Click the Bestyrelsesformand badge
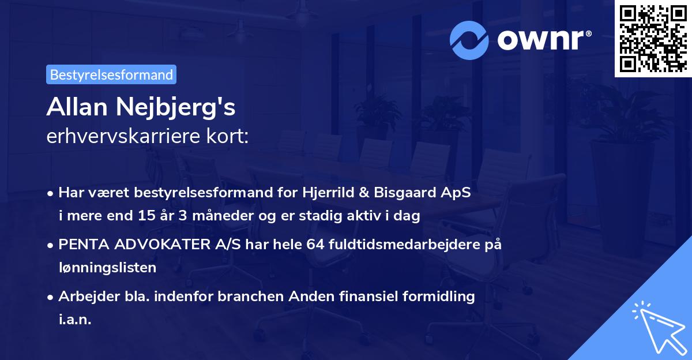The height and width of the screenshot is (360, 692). pos(111,74)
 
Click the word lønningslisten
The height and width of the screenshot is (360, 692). pos(107,268)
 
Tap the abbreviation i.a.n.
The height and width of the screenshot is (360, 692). pos(74,320)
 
